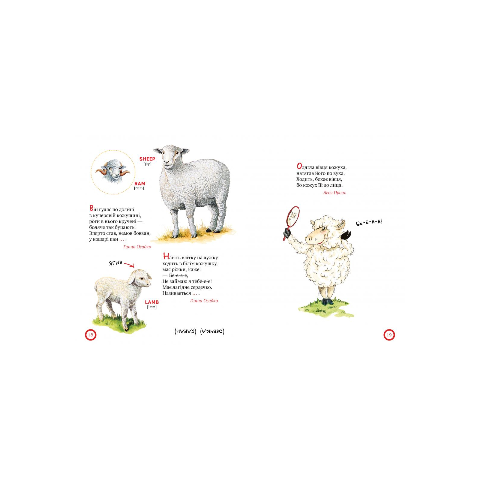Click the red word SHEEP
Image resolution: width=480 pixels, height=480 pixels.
pos(147,159)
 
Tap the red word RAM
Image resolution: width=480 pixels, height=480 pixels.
pos(139,184)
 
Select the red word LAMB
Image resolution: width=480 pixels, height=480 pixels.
pos(152,302)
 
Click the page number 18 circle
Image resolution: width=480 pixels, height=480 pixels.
pos(91,335)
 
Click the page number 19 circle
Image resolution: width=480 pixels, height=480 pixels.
pos(389,335)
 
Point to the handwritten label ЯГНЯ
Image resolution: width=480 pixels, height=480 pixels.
pos(115,263)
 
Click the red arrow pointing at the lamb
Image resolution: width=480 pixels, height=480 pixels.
pos(129,265)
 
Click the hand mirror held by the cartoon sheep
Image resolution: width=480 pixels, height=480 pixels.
pos(292,220)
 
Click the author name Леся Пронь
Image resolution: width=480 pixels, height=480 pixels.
pos(334,193)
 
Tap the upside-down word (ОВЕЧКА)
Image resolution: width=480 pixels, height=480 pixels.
pos(212,331)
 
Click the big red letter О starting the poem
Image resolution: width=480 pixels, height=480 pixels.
pos(299,166)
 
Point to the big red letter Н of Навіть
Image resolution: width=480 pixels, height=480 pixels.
pos(166,256)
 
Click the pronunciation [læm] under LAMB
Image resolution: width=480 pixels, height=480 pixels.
pos(152,307)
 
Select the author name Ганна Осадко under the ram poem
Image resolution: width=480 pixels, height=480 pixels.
pos(137,247)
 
